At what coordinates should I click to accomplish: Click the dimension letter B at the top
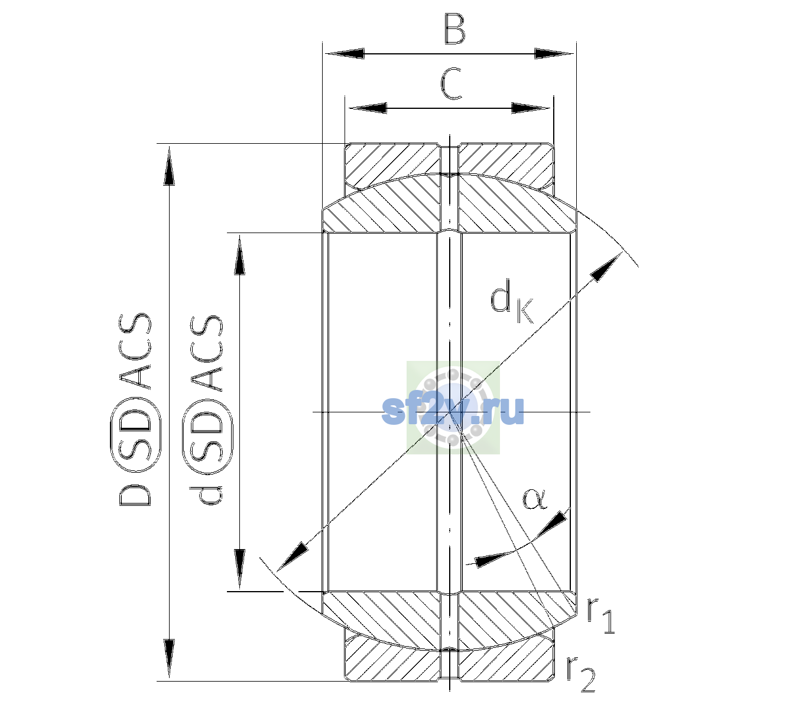coord(454,29)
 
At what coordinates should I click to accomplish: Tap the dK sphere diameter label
coord(512,301)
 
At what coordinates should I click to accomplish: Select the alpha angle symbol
coord(534,499)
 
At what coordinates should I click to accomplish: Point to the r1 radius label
coord(600,615)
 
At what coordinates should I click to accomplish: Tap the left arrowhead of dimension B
coord(345,54)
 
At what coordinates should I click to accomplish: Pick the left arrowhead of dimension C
coord(367,108)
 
